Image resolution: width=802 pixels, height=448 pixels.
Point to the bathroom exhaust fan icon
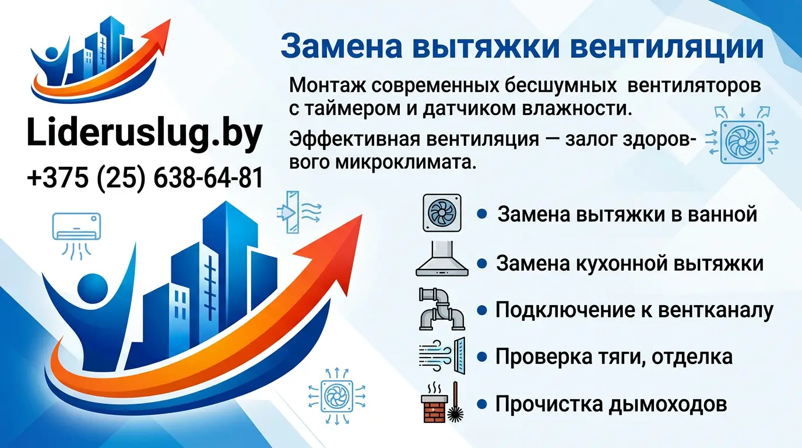(x=441, y=213)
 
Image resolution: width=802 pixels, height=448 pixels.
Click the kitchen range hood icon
(x=441, y=260)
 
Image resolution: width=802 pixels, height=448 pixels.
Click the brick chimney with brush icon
(x=441, y=402)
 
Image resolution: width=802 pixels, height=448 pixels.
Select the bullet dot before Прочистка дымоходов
(x=482, y=403)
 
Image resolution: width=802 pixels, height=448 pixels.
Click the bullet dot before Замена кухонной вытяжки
(x=482, y=264)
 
